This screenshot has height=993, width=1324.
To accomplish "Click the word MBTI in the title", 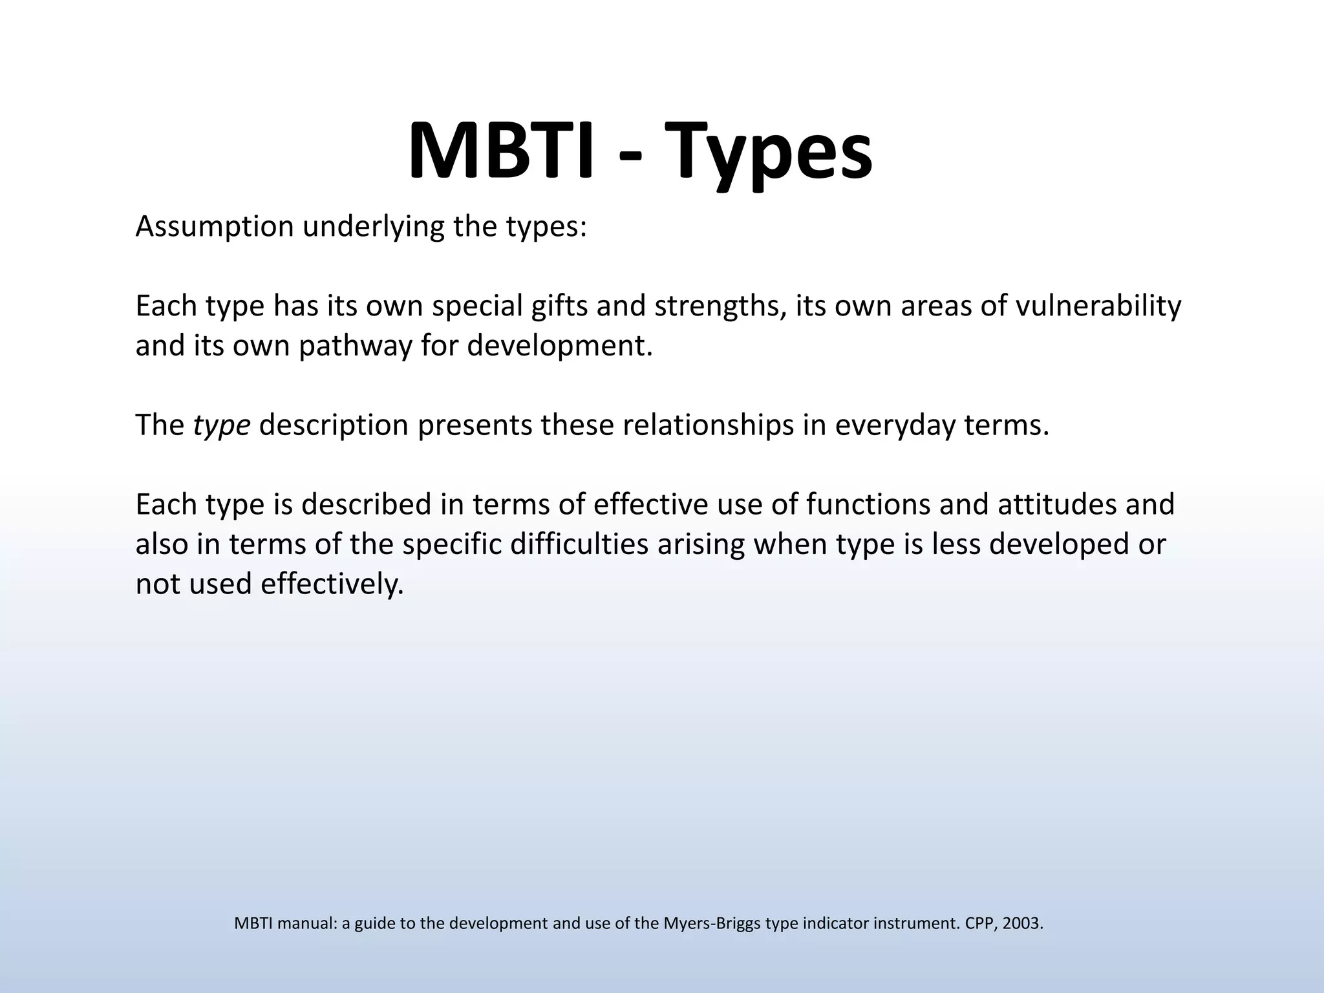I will (500, 150).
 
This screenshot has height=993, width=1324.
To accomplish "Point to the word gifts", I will (559, 306).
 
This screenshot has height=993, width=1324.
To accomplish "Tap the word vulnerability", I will (1098, 306).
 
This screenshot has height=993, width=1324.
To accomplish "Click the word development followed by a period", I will (559, 347).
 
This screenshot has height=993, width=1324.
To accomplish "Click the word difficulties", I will (579, 544).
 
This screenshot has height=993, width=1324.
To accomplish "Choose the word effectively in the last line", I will (332, 584).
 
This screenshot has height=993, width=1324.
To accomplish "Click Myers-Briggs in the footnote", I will (712, 924).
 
